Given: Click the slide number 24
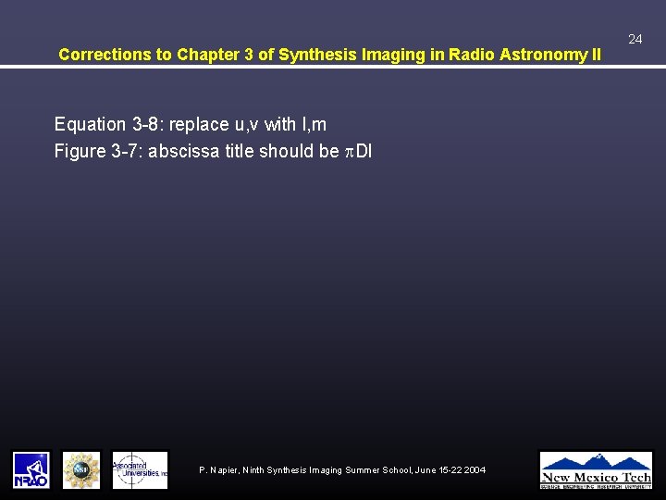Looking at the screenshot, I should (x=635, y=39).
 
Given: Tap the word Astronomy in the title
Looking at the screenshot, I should (x=544, y=55).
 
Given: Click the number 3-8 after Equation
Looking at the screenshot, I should (x=142, y=124).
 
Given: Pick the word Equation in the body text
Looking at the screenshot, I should (x=90, y=124).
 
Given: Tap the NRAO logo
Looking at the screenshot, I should (x=31, y=469).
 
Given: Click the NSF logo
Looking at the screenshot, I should (x=81, y=469).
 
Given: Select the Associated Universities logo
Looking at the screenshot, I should (x=140, y=469).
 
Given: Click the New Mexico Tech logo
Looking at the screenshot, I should (x=596, y=469).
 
